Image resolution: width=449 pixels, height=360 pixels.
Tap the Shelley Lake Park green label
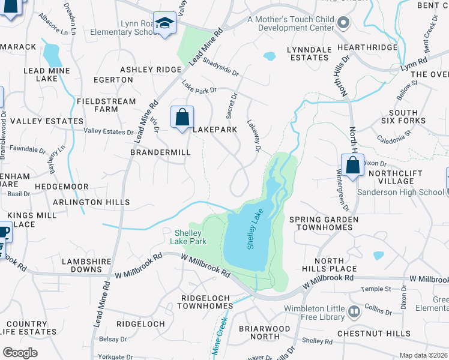(x=190, y=237)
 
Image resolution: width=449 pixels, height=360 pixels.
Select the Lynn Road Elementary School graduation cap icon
(x=164, y=23)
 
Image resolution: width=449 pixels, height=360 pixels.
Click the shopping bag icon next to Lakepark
(x=182, y=116)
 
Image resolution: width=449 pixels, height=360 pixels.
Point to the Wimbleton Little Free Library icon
(x=354, y=311)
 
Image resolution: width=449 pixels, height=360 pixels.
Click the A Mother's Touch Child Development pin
(x=343, y=23)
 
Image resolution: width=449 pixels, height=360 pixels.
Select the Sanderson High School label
(x=400, y=192)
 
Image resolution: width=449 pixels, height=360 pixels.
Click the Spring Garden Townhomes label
(x=324, y=224)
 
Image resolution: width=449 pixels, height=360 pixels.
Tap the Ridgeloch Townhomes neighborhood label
(x=207, y=302)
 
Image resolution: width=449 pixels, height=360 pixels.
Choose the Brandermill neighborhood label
(x=160, y=152)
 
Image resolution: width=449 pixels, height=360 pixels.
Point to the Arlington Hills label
(x=91, y=202)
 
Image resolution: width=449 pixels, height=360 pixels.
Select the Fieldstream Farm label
(x=106, y=105)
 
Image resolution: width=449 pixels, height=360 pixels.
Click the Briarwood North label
(x=264, y=333)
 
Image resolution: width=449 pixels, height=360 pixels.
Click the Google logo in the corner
(x=20, y=353)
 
